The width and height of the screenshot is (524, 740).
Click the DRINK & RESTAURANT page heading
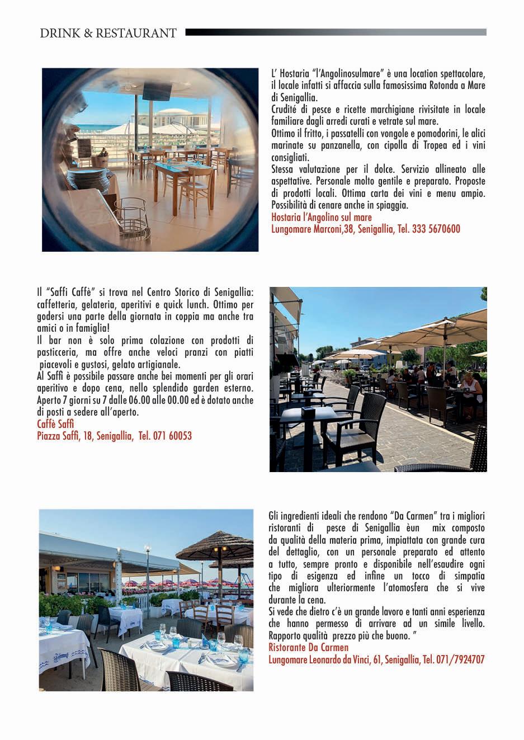pyautogui.click(x=108, y=33)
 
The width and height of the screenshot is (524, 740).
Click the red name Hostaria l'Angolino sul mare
pyautogui.click(x=321, y=217)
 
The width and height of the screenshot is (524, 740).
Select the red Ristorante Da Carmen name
pyautogui.click(x=308, y=648)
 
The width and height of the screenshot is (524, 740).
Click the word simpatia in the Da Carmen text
pyautogui.click(x=466, y=576)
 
